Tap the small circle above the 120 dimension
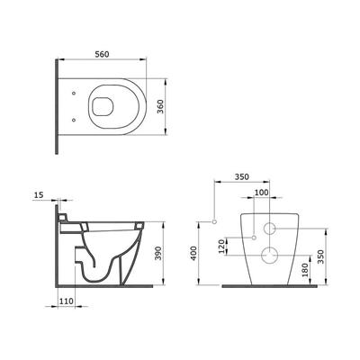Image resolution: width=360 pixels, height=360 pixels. [255, 237]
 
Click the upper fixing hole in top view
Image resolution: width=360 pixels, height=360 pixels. [71, 92]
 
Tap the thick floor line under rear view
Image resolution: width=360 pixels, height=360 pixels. [270, 288]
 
